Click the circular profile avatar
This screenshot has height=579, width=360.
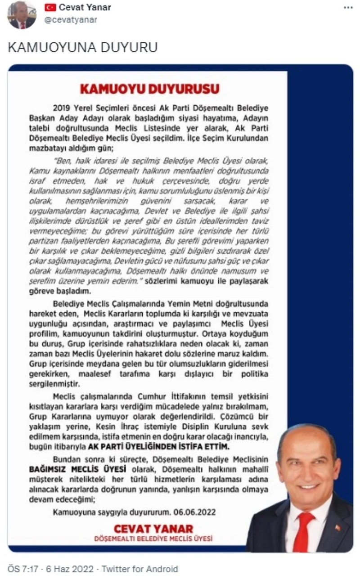point(21,15)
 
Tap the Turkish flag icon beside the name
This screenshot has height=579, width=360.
point(50,8)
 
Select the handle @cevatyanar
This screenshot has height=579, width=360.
point(71,20)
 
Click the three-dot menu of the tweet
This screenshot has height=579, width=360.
point(348,8)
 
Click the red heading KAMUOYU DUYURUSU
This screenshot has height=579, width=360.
point(149,88)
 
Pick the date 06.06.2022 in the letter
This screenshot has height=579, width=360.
point(194,512)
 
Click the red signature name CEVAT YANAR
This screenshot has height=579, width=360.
point(153,528)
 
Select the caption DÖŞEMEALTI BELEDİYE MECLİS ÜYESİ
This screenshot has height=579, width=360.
point(153,538)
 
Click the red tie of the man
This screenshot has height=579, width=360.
point(303,531)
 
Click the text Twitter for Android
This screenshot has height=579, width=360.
point(140,569)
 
